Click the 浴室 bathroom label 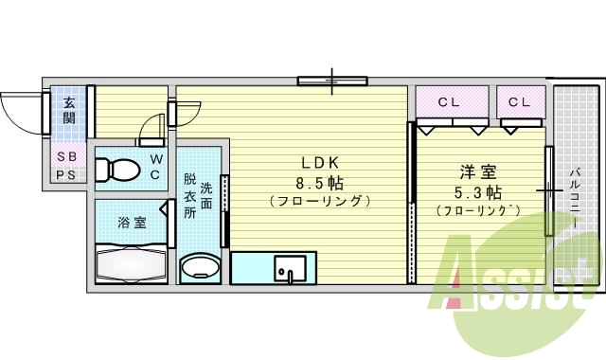(x=132, y=224)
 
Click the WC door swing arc (x=150, y=126)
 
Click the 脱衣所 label (x=190, y=194)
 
